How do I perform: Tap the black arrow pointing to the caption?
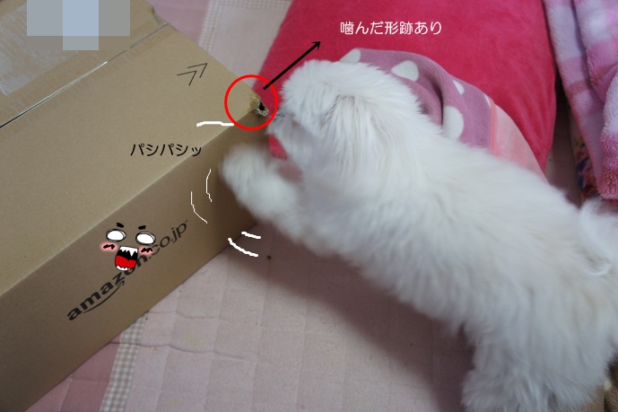tap(292, 65)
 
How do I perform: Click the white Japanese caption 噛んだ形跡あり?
tap(390, 28)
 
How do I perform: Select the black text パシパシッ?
tap(166, 150)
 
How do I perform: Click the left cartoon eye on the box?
tap(116, 235)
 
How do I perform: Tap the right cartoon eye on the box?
tap(145, 238)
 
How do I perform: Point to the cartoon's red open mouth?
tap(126, 259)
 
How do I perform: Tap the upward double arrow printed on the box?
tap(193, 73)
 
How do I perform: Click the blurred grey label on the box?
tap(78, 23)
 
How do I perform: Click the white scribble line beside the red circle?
tap(215, 124)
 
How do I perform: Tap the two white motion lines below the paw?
tap(245, 243)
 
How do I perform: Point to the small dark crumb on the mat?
tap(270, 258)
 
